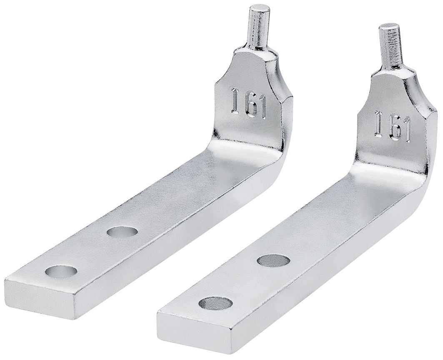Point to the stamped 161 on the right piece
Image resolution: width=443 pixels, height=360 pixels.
tap(392, 126)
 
